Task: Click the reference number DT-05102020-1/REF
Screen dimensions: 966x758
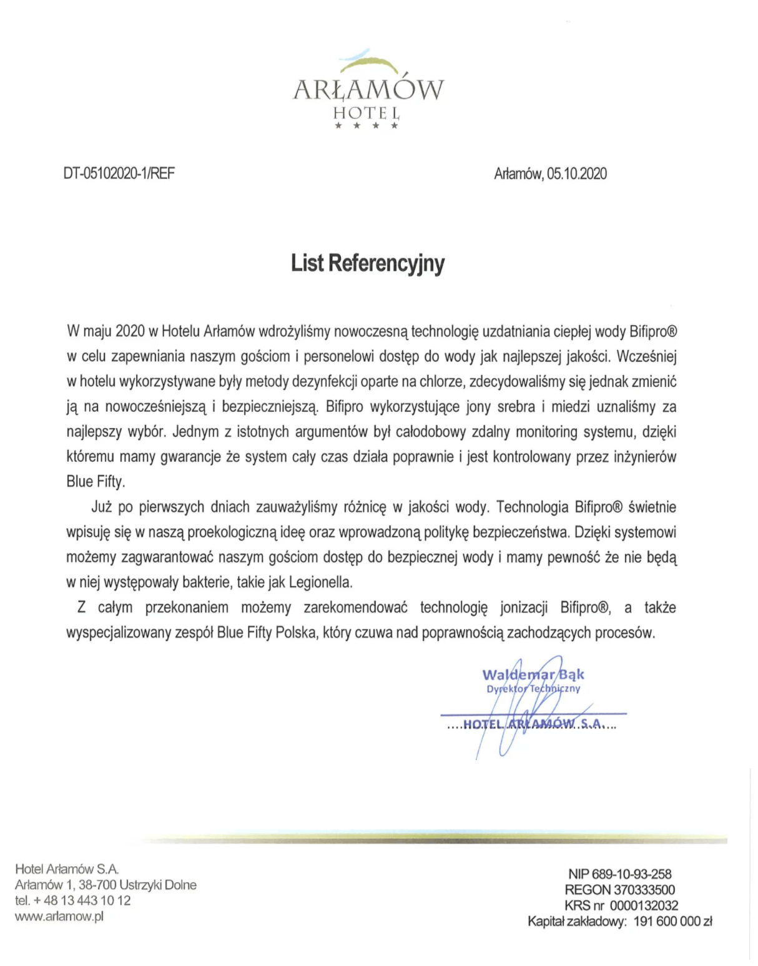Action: pos(119,173)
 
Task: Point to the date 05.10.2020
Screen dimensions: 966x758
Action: pos(577,173)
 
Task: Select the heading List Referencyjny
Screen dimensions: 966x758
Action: pos(368,263)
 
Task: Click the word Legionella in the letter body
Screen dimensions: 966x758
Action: pos(320,583)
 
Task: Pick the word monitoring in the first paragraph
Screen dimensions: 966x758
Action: pos(544,432)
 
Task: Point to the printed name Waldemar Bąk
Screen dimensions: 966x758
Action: pos(533,675)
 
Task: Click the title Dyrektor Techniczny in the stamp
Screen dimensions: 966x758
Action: pos(533,688)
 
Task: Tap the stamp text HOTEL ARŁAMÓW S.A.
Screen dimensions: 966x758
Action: pos(532,724)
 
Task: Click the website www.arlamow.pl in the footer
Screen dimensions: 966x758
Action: pos(59,916)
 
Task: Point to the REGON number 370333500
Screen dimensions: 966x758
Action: pos(644,890)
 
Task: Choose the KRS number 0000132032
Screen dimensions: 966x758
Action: pos(644,905)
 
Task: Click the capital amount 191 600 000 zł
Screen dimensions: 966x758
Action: pos(672,921)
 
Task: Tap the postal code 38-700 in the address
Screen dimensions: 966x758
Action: pos(97,885)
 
